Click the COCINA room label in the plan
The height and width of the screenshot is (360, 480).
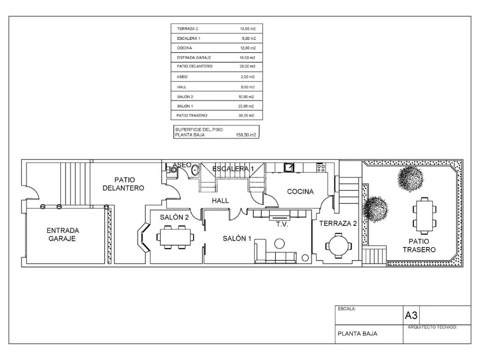pyautogui.click(x=300, y=192)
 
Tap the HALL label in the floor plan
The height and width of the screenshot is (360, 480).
pyautogui.click(x=220, y=201)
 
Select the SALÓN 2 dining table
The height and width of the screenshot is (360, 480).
pyautogui.click(x=175, y=237)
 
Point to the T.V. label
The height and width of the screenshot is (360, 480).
pyautogui.click(x=282, y=225)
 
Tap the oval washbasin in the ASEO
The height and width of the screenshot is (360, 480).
pyautogui.click(x=195, y=171)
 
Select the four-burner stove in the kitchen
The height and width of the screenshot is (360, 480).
pyautogui.click(x=321, y=167)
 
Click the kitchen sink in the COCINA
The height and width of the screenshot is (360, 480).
pyautogui.click(x=289, y=167)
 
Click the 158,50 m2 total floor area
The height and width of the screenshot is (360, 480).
pyautogui.click(x=246, y=135)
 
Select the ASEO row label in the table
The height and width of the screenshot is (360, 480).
pyautogui.click(x=182, y=77)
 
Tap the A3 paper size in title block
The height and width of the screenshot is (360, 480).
pyautogui.click(x=411, y=315)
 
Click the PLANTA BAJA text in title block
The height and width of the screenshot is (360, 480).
pyautogui.click(x=358, y=334)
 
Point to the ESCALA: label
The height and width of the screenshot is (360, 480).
pyautogui.click(x=347, y=309)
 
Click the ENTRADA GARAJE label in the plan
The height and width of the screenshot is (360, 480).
pyautogui.click(x=62, y=234)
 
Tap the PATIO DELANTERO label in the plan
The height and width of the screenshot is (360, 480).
pyautogui.click(x=123, y=184)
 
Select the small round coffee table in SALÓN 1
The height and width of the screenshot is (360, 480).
pyautogui.click(x=279, y=244)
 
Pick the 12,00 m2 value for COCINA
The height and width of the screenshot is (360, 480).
pyautogui.click(x=247, y=48)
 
